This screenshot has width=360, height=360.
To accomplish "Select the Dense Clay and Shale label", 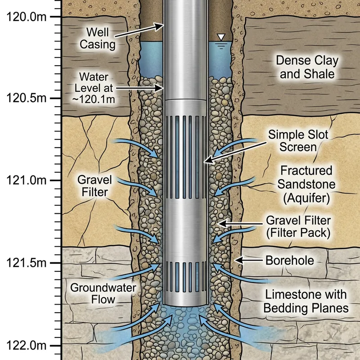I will [x=307, y=67].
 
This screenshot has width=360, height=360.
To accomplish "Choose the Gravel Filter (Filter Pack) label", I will [x=298, y=227].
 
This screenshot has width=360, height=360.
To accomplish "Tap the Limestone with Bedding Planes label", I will [x=306, y=301].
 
